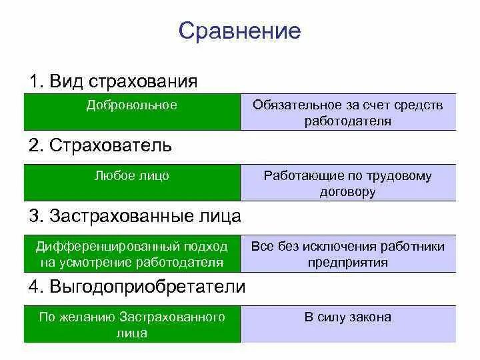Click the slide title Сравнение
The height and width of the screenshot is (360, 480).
tap(239, 31)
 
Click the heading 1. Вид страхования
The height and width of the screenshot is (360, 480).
tap(113, 82)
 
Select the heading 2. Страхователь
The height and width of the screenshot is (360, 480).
tap(101, 145)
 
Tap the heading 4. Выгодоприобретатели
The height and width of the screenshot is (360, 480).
tap(137, 287)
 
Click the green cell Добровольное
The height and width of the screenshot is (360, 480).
tap(132, 105)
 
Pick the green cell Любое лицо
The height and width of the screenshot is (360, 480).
tap(132, 176)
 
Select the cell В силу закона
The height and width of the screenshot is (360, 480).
tap(348, 317)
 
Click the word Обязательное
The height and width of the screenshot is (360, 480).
tap(294, 105)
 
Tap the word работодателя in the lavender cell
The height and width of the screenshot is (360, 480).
tap(348, 121)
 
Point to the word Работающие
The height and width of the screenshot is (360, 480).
tap(297, 177)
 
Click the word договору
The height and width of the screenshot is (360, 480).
tap(348, 193)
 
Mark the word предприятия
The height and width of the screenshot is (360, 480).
tap(348, 263)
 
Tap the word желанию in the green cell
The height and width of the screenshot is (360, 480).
tap(87, 317)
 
